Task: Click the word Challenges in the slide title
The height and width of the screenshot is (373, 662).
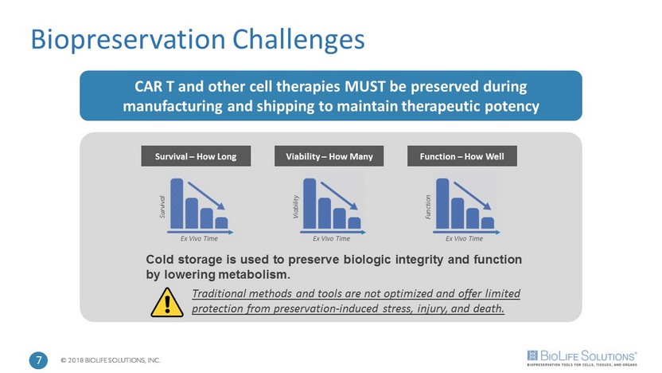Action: pos(298,41)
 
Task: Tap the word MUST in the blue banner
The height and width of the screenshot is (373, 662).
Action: pos(365,87)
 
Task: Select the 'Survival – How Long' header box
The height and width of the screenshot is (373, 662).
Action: pos(196,156)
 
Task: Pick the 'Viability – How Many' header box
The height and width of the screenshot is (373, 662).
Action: pos(329,156)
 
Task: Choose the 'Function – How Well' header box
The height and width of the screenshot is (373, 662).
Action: pos(462,156)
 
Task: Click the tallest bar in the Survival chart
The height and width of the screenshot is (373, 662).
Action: pos(177,204)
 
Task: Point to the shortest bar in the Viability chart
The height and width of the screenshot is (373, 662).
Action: pos(355,223)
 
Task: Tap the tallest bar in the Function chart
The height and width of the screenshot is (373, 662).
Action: pos(442,204)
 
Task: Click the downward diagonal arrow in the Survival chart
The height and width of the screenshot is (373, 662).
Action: pos(206,195)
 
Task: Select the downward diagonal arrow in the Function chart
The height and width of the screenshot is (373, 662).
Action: pos(473,195)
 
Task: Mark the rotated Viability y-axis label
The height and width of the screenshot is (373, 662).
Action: pos(296,206)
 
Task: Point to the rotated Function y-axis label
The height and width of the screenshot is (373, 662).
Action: pos(428,206)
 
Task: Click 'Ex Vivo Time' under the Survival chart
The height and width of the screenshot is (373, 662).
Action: pos(199,239)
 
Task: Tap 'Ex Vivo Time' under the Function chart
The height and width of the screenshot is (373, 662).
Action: pos(465,239)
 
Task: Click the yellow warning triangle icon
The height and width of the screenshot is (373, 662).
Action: pos(167,303)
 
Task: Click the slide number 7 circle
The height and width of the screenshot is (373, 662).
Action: pos(38,360)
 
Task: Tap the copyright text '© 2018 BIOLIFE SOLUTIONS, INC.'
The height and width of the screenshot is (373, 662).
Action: pos(111,360)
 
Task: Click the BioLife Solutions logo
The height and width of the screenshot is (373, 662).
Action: pos(582,358)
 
